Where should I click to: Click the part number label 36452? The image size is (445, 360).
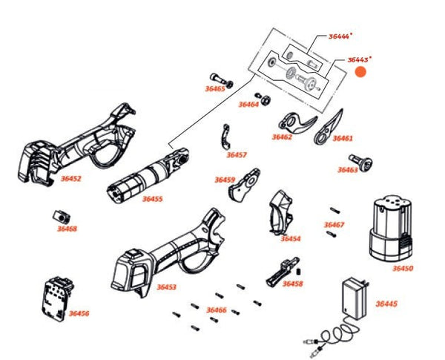[70, 178]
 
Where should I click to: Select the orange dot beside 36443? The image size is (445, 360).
[361, 72]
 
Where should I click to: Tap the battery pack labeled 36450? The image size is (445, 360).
[390, 226]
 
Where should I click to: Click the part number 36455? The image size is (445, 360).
[152, 199]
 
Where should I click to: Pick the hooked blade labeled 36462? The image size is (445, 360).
[294, 121]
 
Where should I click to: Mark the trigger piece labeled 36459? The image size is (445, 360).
[243, 187]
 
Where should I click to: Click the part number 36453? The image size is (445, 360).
[166, 287]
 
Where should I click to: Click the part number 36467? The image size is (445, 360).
[334, 224]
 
